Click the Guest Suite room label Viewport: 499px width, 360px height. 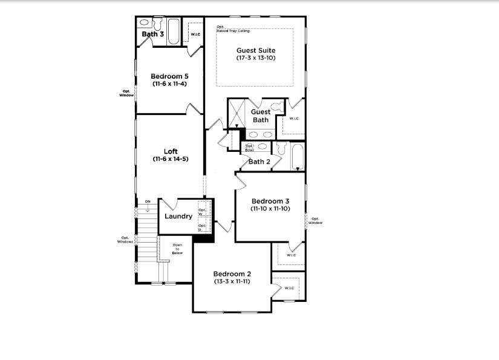click(x=256, y=50)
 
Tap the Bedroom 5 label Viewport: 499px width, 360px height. click(x=170, y=76)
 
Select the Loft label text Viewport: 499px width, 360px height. click(x=170, y=151)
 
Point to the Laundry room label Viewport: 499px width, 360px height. click(x=178, y=216)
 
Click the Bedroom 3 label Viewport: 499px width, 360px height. click(x=270, y=201)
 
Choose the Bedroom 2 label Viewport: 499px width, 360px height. click(x=232, y=274)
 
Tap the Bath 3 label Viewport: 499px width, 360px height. click(x=152, y=34)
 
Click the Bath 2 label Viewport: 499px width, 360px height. click(x=259, y=162)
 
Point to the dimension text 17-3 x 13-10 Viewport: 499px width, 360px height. click(x=256, y=58)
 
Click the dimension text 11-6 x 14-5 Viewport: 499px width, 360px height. click(x=170, y=159)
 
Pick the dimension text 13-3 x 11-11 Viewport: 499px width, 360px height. click(x=232, y=282)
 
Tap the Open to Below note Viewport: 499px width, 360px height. click(x=177, y=249)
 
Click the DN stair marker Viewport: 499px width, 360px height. click(x=147, y=201)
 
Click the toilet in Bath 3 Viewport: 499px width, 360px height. click(x=158, y=24)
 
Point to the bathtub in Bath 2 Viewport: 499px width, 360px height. click(x=298, y=156)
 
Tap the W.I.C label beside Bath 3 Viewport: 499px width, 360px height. click(x=195, y=34)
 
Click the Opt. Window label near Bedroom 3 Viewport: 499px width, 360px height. click(x=316, y=220)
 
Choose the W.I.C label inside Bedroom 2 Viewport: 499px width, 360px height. click(x=289, y=287)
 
